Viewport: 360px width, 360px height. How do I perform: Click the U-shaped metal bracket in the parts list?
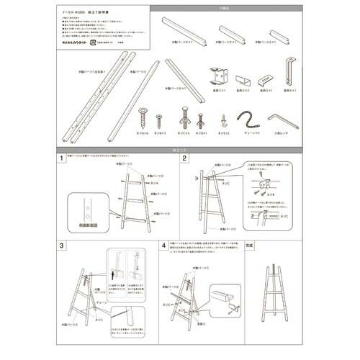(x=220, y=77)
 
